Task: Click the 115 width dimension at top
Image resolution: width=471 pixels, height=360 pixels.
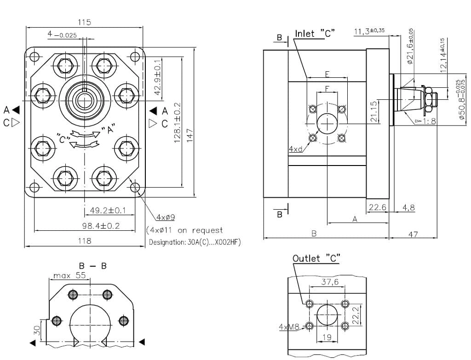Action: [x=85, y=22]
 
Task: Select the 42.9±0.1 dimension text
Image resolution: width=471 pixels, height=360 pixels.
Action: [x=158, y=78]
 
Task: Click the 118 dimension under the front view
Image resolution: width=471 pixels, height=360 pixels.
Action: [x=85, y=240]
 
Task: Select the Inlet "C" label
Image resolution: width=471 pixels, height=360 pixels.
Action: [x=315, y=34]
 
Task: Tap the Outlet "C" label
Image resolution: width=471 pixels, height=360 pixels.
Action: [x=316, y=258]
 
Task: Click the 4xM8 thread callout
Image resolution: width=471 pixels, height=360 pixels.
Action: [x=289, y=327]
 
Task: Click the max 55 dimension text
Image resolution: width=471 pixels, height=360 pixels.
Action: [x=70, y=276]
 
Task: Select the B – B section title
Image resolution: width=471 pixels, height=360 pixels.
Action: [x=92, y=266]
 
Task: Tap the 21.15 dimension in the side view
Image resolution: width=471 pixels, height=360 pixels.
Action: [x=374, y=111]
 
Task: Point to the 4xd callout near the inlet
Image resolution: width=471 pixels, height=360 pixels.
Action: [x=295, y=149]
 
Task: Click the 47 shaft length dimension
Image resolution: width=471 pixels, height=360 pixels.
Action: [x=413, y=234]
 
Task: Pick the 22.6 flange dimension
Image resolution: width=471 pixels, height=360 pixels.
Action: [x=377, y=207]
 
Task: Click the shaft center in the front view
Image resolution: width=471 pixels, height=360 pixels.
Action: [x=85, y=96]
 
